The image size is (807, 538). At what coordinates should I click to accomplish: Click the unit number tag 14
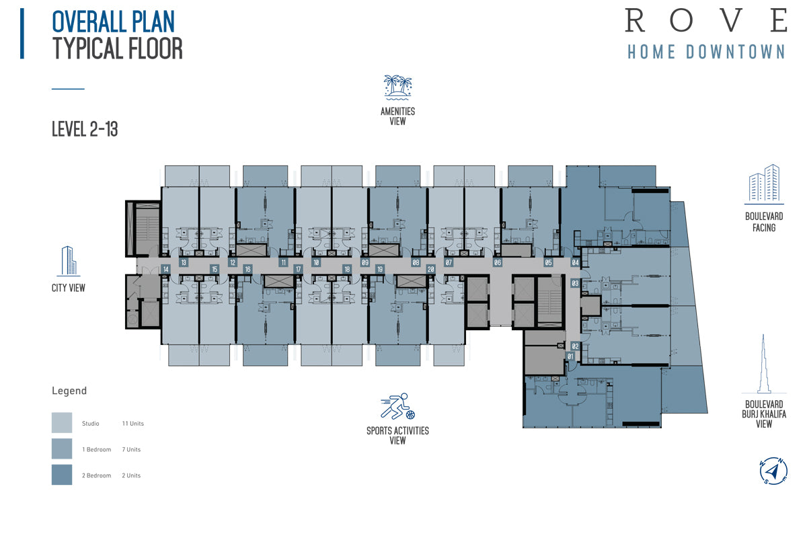165,269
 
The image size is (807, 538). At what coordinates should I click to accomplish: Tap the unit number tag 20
431,269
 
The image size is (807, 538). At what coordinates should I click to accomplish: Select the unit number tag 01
570,356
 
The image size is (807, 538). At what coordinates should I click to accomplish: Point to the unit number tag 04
576,262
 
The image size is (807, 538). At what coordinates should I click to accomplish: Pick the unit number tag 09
365,262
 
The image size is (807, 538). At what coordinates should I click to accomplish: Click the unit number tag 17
299,269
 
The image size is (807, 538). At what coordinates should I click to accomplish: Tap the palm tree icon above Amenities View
397,87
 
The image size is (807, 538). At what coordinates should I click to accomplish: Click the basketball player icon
397,406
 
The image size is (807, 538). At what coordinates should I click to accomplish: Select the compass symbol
773,471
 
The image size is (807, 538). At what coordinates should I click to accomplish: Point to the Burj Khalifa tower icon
764,364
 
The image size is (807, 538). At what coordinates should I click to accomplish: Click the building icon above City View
69,261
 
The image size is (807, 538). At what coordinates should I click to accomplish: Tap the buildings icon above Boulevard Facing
764,184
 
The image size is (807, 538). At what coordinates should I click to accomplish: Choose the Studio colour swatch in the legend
62,423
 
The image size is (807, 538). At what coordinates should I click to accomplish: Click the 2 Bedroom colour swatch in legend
62,475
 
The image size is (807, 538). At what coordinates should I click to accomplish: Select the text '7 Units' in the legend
131,449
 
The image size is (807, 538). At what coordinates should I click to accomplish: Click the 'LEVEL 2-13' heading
85,129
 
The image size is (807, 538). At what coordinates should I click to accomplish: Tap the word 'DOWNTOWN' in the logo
735,52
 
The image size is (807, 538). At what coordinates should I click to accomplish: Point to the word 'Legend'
69,391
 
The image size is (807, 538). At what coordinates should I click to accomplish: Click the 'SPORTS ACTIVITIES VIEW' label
397,436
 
